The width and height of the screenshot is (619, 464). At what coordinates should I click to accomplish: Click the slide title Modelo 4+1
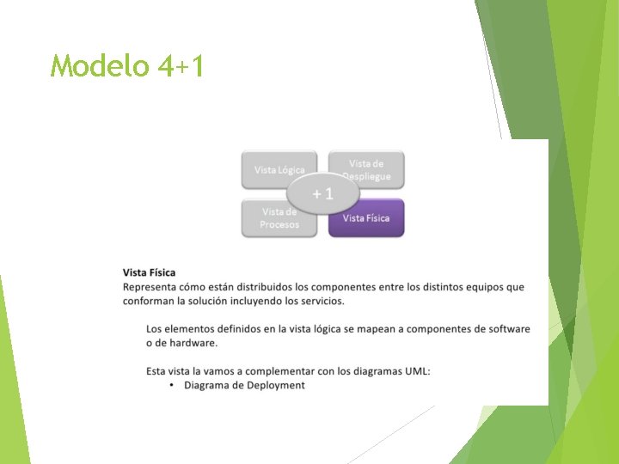pyautogui.click(x=127, y=65)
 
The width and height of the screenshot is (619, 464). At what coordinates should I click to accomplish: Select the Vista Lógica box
pyautogui.click(x=279, y=169)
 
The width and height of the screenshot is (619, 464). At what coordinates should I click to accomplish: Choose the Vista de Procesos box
pyautogui.click(x=279, y=219)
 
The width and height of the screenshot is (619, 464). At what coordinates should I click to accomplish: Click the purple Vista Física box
pyautogui.click(x=367, y=218)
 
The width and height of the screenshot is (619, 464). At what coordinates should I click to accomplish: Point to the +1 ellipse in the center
pyautogui.click(x=322, y=194)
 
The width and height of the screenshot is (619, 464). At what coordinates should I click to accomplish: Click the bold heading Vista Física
pyautogui.click(x=150, y=273)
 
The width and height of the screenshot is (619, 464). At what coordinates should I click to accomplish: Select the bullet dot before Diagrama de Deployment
pyautogui.click(x=172, y=386)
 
